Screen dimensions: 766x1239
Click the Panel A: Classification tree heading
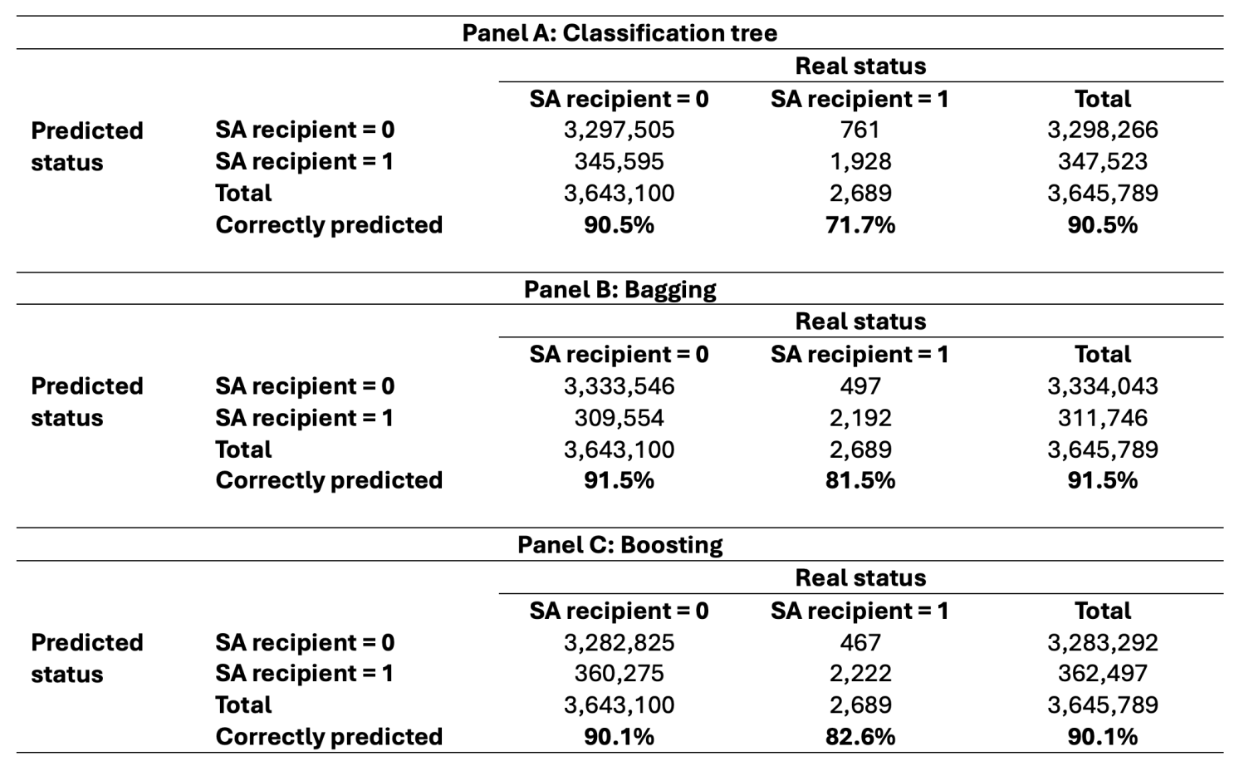[x=619, y=33]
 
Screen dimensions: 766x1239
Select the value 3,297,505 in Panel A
[x=619, y=130]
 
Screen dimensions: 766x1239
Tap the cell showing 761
[x=859, y=130]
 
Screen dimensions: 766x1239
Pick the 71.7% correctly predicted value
[x=860, y=225]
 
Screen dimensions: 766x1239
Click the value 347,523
[x=1102, y=161]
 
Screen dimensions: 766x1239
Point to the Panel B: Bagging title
[x=619, y=289]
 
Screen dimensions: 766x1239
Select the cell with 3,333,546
[x=619, y=386]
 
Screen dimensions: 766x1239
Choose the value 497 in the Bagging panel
[x=859, y=386]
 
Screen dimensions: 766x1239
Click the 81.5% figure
[x=860, y=480]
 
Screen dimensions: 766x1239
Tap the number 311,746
[x=1102, y=418]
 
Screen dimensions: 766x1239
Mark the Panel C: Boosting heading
[x=619, y=545]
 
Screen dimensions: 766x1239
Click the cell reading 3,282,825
[x=619, y=642]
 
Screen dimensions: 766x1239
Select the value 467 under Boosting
[x=859, y=642]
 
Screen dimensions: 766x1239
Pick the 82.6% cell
[x=860, y=737]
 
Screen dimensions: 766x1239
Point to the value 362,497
[x=1102, y=673]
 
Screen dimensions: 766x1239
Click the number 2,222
[x=859, y=673]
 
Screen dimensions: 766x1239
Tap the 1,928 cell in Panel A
[x=859, y=161]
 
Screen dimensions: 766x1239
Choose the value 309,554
[x=619, y=418]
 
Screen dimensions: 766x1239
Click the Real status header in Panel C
[x=860, y=577]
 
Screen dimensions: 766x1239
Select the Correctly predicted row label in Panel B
[x=328, y=480]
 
